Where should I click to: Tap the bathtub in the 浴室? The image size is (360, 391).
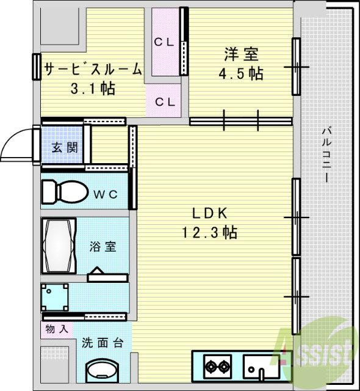click(x=59, y=246)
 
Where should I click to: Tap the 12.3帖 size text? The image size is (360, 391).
click(x=209, y=232)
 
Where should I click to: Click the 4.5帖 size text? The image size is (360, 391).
click(x=241, y=74)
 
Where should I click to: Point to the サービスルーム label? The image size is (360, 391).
click(x=93, y=70)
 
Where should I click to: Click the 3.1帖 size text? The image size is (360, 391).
click(x=93, y=89)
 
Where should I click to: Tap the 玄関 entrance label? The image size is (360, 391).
click(x=64, y=147)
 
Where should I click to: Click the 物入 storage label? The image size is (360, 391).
click(x=57, y=329)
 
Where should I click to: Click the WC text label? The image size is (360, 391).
click(x=106, y=194)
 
